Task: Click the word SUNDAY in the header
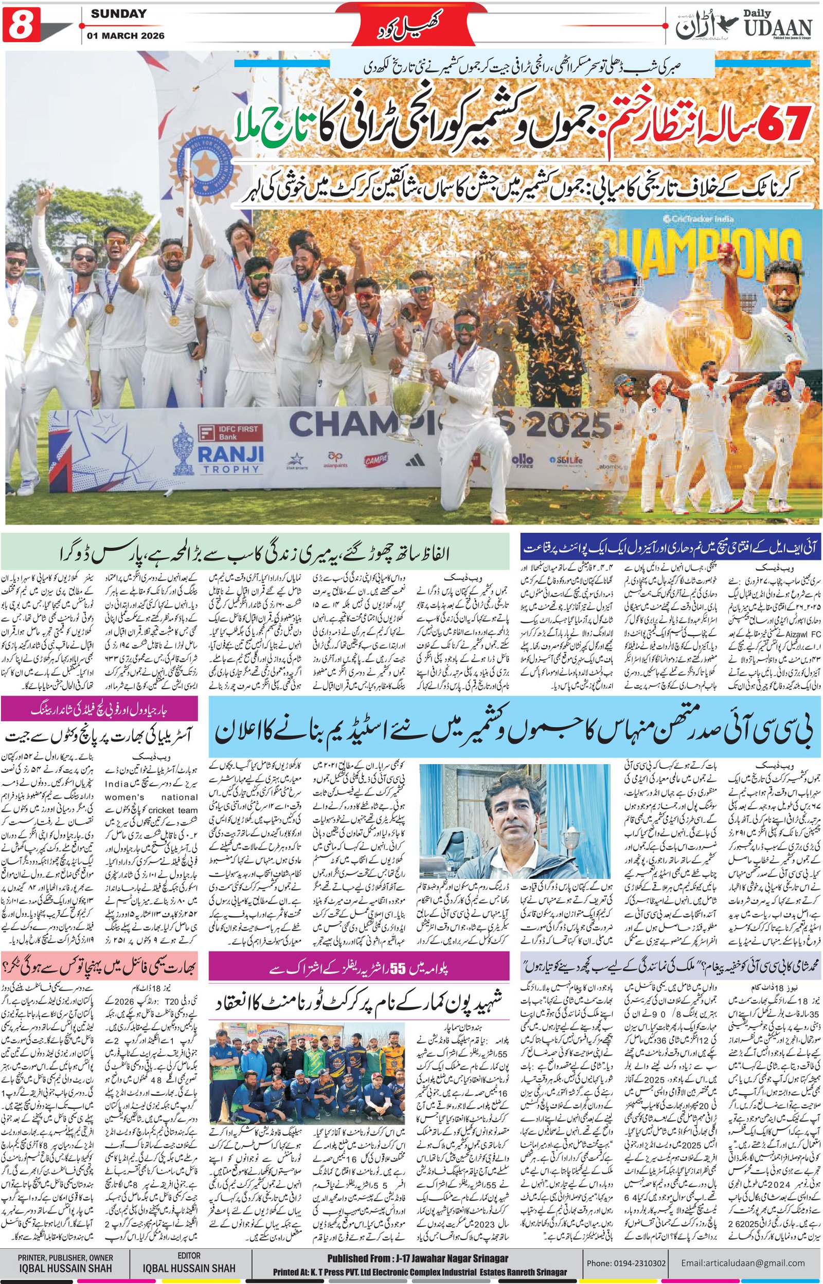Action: [x=118, y=14]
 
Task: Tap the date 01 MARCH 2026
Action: [x=127, y=36]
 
